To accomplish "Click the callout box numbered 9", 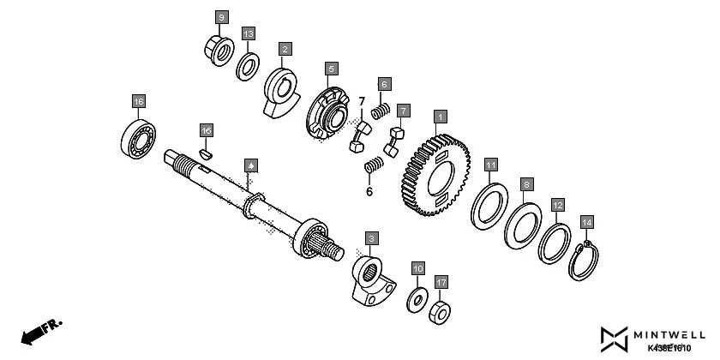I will [x=221, y=17].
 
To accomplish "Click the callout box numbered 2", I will [x=285, y=49].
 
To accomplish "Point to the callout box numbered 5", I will [x=331, y=67].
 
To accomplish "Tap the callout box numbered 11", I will [x=490, y=164].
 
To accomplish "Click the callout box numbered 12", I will [x=557, y=206].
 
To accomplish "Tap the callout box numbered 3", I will [x=370, y=237].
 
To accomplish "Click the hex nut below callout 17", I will [x=440, y=311].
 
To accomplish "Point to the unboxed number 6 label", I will [x=369, y=192].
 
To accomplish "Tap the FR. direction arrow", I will [x=39, y=331].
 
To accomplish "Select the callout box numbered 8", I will [x=527, y=184].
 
